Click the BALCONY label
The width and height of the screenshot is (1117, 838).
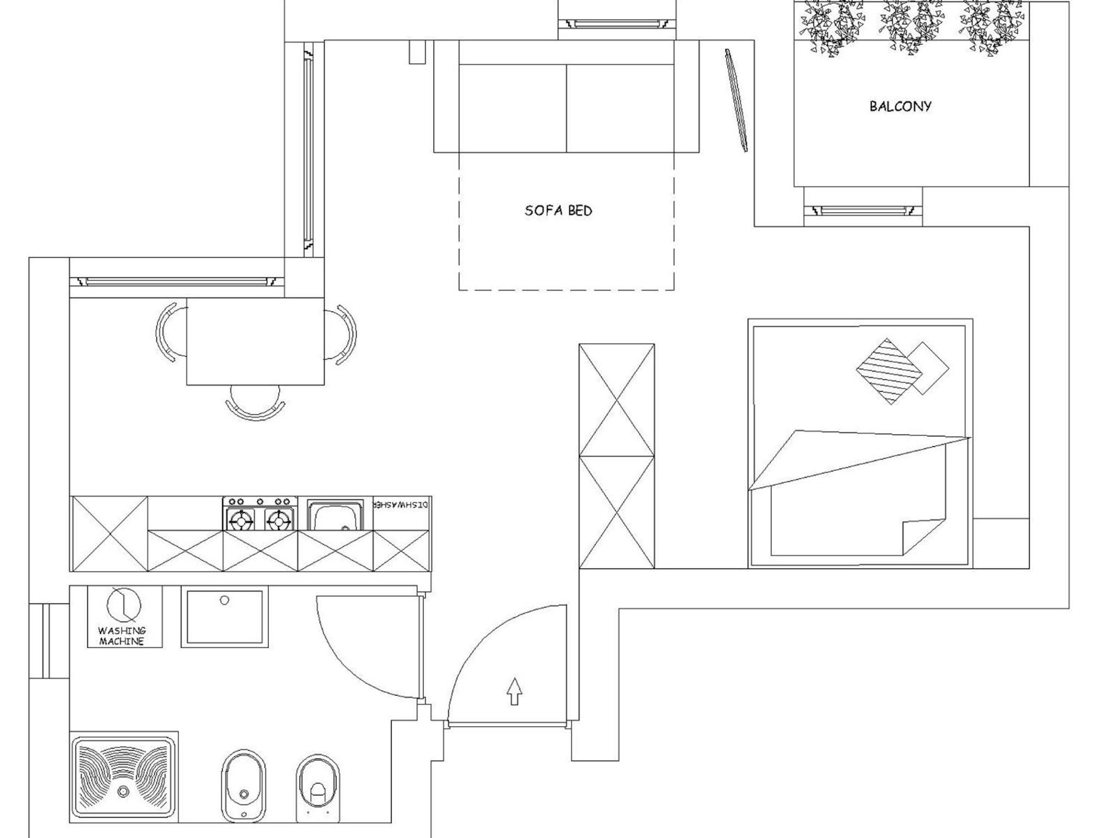point(900,106)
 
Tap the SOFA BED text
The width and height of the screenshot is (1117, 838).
point(558,211)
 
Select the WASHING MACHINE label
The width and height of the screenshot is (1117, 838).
point(122,636)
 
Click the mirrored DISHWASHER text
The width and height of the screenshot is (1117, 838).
point(401,505)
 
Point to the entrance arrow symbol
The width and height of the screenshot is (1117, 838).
point(514,691)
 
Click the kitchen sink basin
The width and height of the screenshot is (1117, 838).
point(335,516)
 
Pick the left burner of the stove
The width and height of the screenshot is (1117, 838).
point(241,520)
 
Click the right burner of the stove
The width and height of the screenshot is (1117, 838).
point(278,520)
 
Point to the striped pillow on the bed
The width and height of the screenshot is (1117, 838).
point(888,372)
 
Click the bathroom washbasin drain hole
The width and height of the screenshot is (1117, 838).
point(224,601)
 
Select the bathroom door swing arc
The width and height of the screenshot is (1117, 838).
point(349,663)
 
